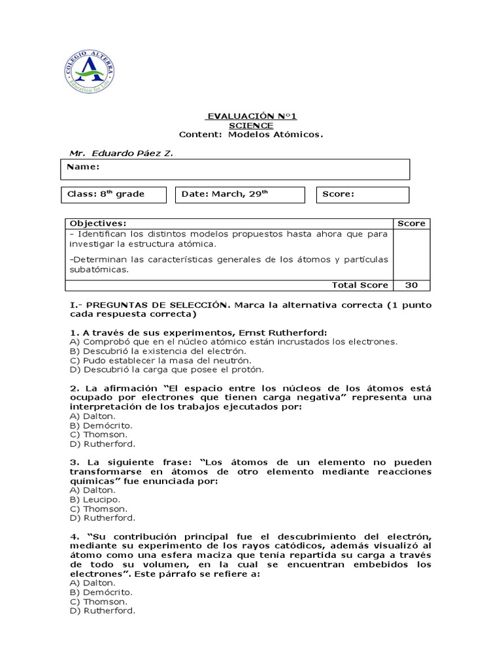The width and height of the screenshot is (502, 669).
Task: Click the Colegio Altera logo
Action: coord(90,71)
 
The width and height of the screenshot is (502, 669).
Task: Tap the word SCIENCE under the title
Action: coord(251,125)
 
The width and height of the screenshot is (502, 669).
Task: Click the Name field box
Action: coord(235,169)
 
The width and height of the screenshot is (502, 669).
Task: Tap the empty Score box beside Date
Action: coord(363,195)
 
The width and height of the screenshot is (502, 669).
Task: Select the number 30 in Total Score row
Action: coord(411,285)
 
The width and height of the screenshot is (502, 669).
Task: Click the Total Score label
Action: coord(360,285)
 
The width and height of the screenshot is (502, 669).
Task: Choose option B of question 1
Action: coord(158,351)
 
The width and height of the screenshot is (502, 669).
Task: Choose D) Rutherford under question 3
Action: coord(102,517)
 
